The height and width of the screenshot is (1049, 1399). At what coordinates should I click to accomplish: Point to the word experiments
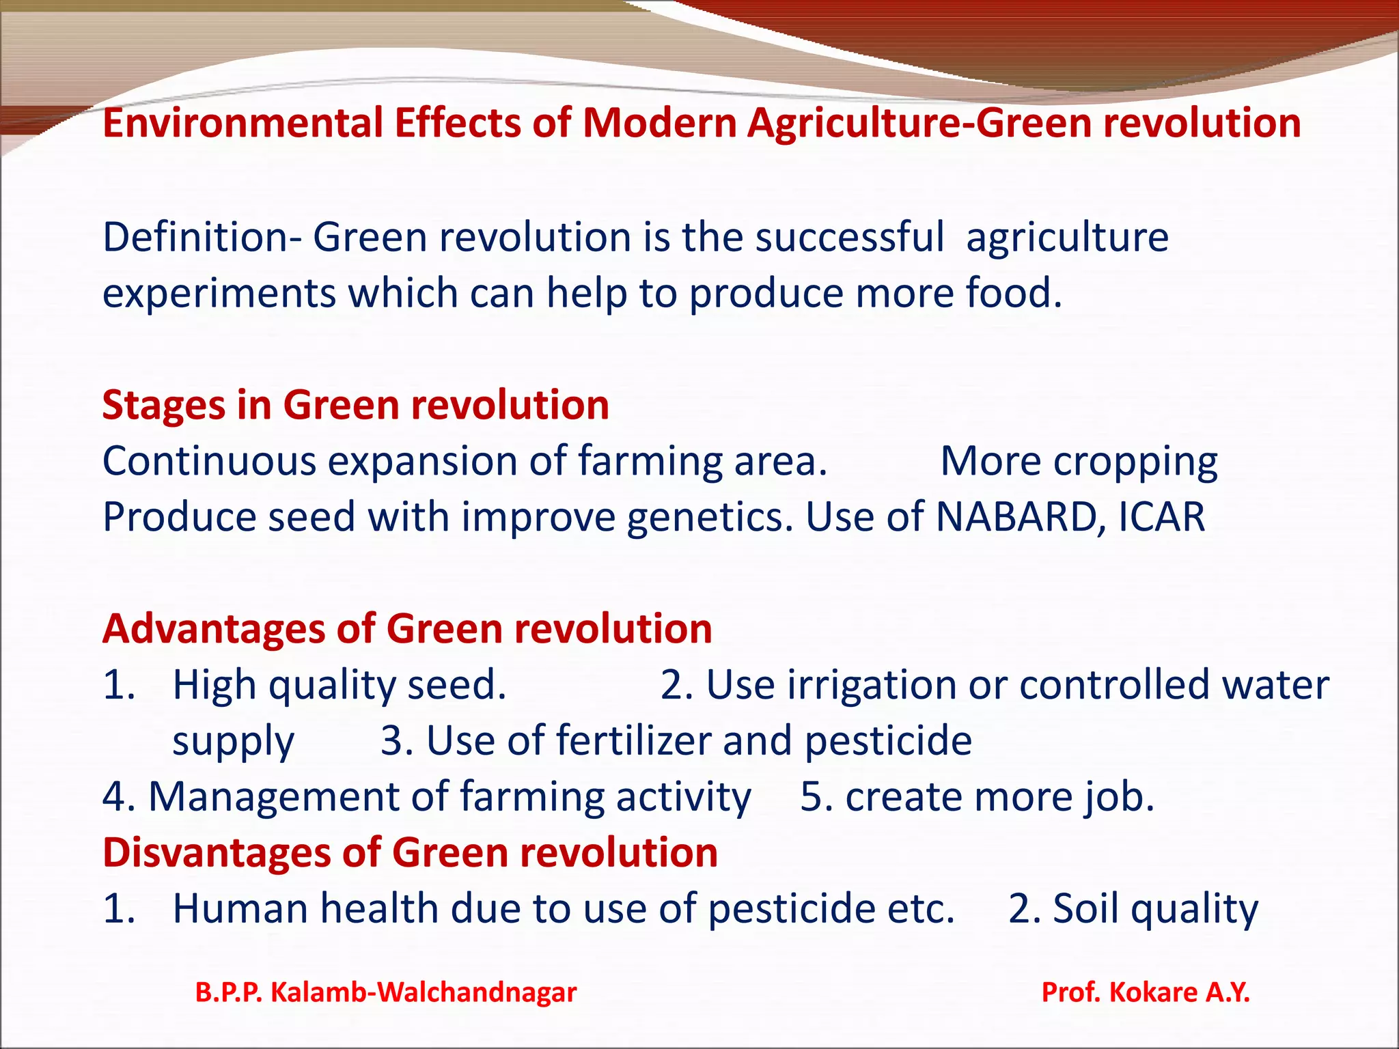point(219,294)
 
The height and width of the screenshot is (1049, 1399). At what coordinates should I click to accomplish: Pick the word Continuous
point(209,462)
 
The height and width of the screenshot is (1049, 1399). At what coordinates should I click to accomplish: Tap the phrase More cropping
point(1079,462)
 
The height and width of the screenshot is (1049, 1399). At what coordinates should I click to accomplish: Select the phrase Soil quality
point(1155,909)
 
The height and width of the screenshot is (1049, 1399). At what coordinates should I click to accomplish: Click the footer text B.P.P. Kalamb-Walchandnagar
point(386,992)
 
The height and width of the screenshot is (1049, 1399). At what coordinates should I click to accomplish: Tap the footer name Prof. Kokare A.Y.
point(1145,992)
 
